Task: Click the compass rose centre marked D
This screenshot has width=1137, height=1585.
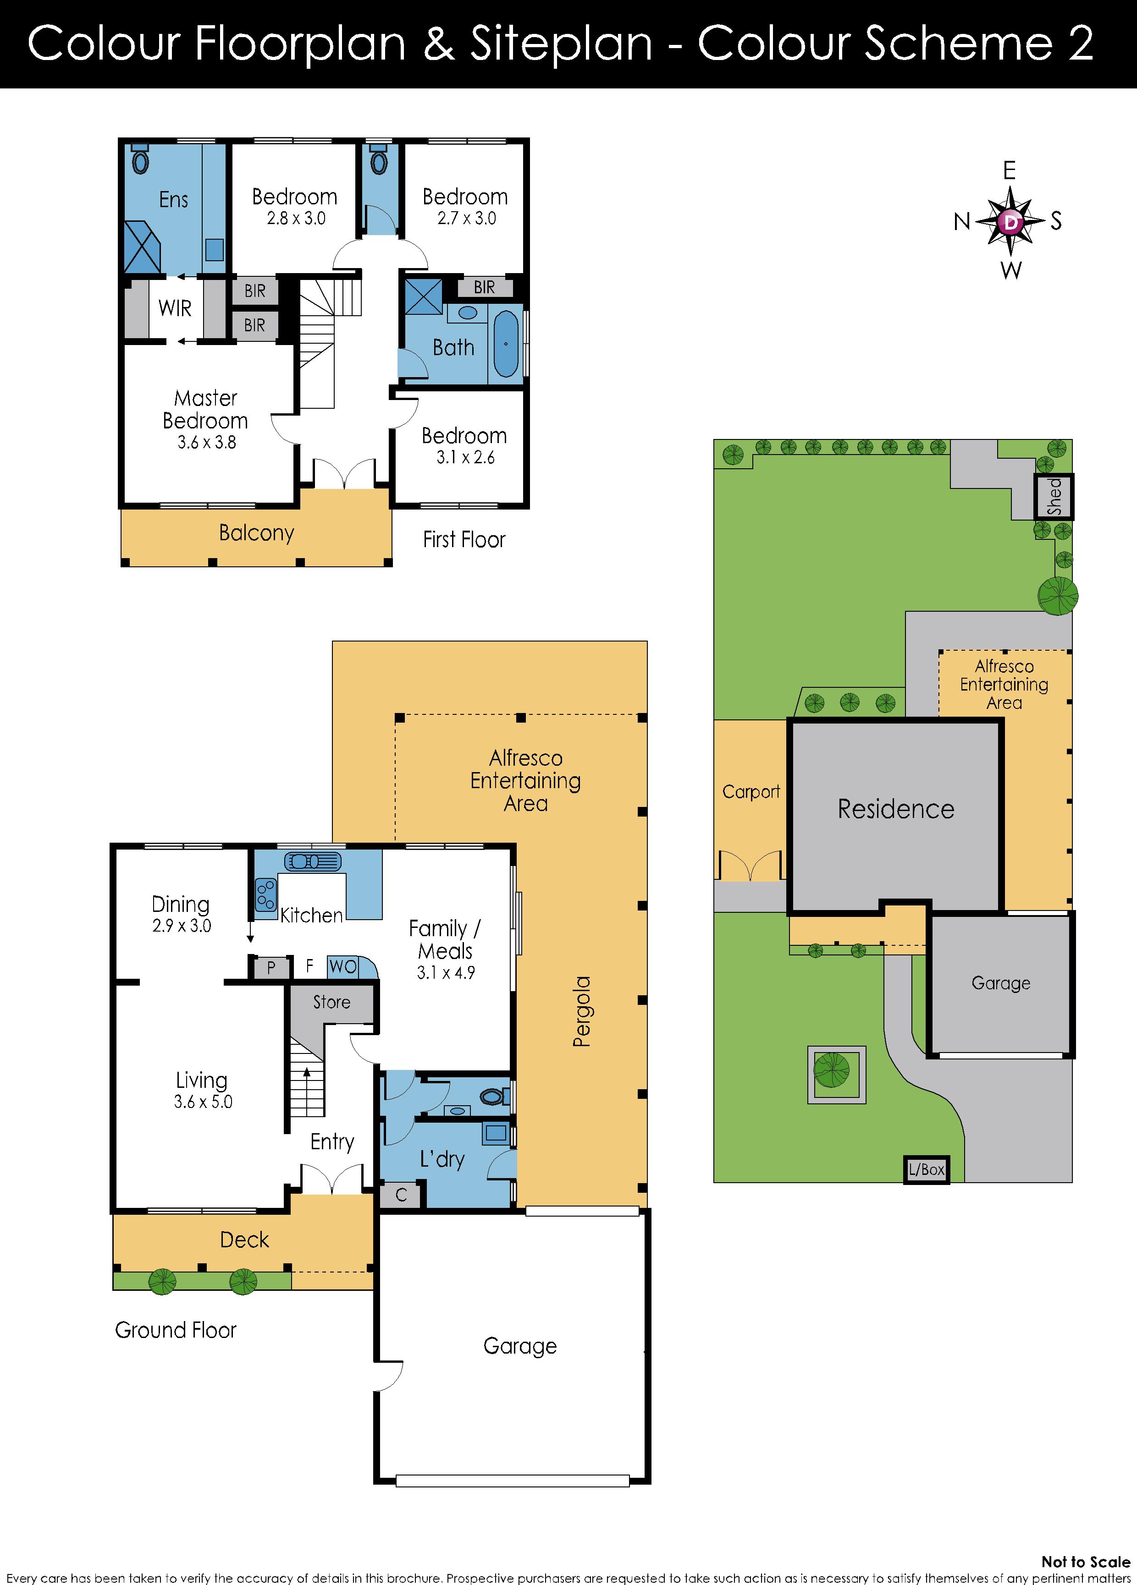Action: point(1010,222)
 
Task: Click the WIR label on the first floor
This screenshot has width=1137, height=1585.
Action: point(175,308)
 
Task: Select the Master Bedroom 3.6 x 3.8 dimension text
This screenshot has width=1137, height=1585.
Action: point(207,442)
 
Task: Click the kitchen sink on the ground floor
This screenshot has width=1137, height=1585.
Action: point(313,861)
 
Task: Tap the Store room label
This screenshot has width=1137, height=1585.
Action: point(331,1002)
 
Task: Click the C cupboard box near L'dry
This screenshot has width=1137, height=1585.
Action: point(401,1195)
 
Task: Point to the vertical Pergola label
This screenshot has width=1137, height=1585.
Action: point(582,1012)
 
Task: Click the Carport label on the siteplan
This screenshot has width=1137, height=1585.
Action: point(751,792)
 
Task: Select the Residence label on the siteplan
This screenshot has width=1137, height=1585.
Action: point(896,809)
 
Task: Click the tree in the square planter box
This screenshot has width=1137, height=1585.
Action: point(832,1070)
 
